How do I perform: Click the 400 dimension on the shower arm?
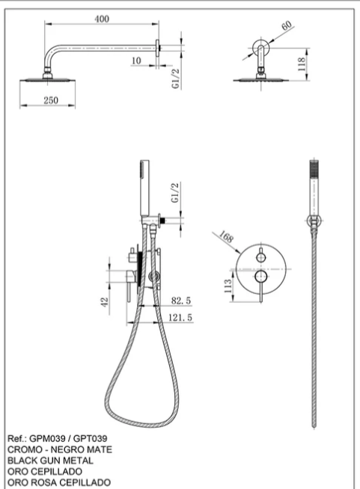(x=102, y=19)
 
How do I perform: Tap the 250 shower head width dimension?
(x=51, y=100)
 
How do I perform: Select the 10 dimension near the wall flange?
(x=136, y=61)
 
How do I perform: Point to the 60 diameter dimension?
(x=287, y=25)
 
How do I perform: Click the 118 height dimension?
(x=302, y=64)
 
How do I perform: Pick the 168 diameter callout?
(x=226, y=237)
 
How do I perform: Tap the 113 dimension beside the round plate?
(x=228, y=286)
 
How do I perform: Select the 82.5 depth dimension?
(x=181, y=301)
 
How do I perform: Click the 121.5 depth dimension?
(x=180, y=318)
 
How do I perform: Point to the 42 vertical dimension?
(x=105, y=302)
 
